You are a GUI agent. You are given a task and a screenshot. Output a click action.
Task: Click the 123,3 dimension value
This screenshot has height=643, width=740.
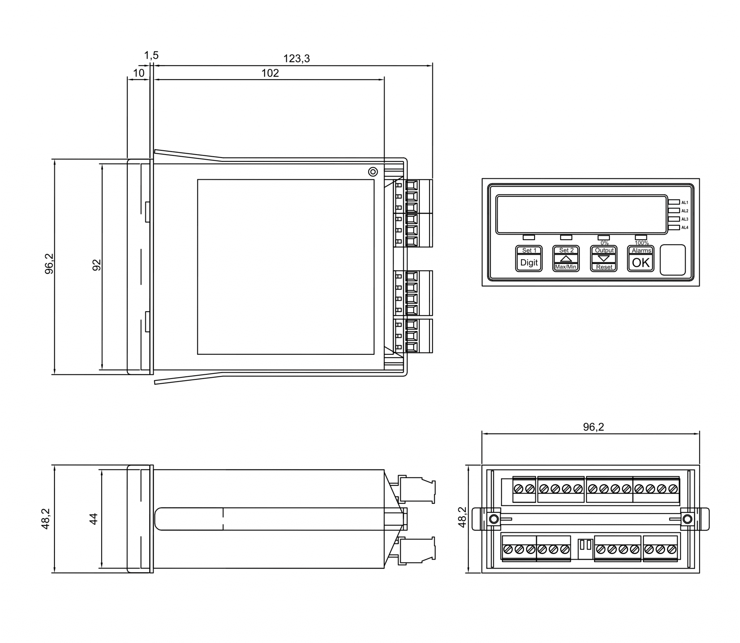(296, 59)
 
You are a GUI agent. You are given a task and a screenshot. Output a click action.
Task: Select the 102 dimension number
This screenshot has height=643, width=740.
(270, 73)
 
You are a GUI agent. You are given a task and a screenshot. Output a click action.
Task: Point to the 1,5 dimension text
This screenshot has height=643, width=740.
(151, 55)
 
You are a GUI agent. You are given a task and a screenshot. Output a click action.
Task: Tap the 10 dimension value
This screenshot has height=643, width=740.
(138, 73)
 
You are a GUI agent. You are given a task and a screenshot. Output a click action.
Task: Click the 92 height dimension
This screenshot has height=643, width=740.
(96, 265)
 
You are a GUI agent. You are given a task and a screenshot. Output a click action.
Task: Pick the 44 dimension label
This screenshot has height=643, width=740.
(93, 519)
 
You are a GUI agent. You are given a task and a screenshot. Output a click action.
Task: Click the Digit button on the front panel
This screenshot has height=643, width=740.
(529, 263)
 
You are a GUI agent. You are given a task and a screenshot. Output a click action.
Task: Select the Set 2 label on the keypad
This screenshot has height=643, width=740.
(566, 250)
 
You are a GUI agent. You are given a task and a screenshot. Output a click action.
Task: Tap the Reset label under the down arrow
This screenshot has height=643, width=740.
(604, 267)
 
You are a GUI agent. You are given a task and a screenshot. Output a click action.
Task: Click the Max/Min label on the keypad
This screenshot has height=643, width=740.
(566, 267)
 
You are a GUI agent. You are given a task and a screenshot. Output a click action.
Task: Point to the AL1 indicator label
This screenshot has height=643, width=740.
(684, 203)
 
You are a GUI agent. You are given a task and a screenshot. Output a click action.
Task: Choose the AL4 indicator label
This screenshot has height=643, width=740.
(684, 228)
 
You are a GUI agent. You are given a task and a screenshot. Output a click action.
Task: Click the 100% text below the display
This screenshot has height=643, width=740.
(641, 243)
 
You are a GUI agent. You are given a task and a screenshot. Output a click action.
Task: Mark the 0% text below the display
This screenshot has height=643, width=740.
(604, 243)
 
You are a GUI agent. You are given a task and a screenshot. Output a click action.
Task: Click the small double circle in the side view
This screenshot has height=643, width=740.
(373, 172)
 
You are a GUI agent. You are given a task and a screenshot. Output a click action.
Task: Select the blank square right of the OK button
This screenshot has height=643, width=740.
(672, 260)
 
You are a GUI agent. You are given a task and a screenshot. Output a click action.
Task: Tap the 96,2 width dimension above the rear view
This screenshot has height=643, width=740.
(593, 427)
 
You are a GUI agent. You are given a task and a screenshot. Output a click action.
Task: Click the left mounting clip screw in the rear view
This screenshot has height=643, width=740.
(493, 519)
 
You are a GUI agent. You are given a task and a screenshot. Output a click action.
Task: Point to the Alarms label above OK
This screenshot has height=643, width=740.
(641, 250)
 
